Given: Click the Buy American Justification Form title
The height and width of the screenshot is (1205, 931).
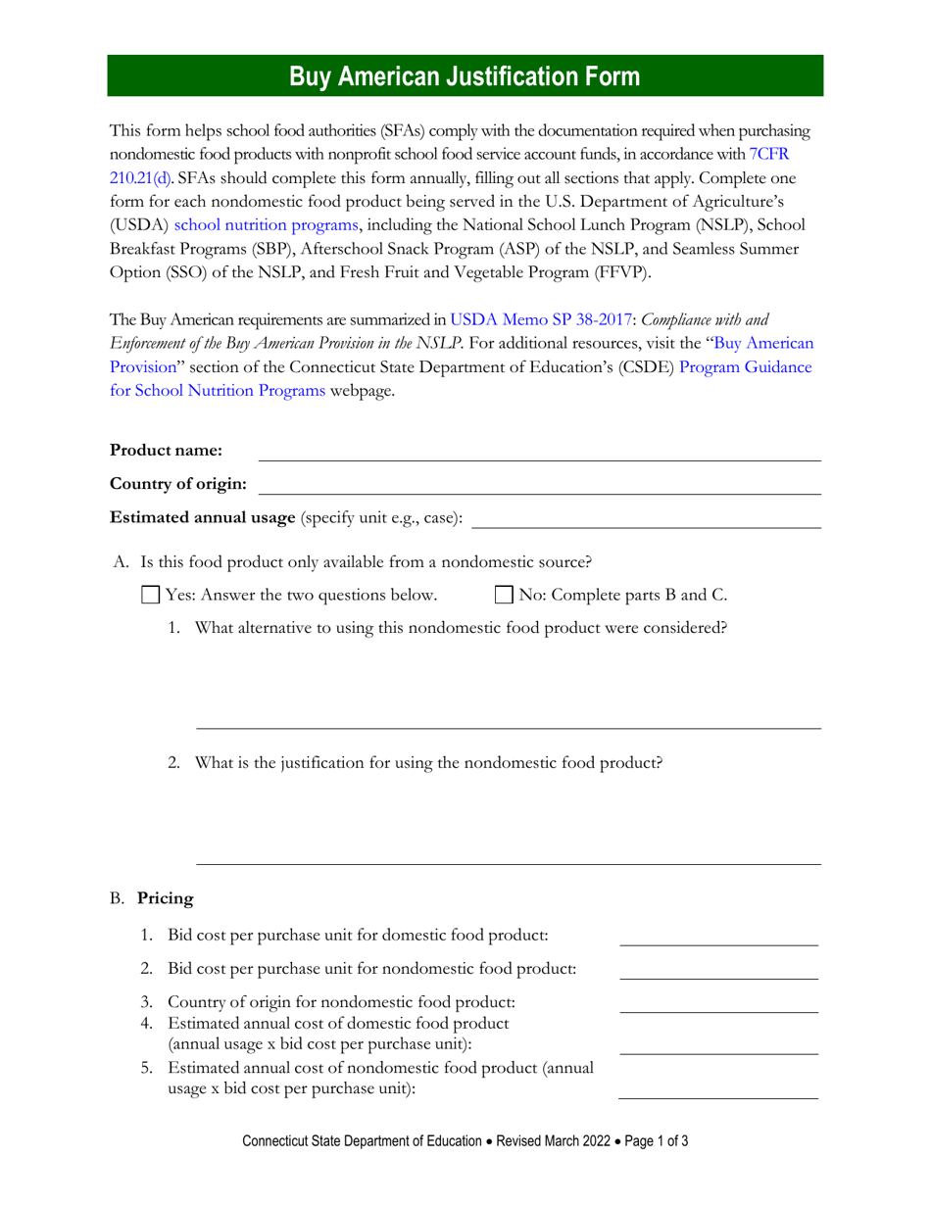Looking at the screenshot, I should coord(465,76).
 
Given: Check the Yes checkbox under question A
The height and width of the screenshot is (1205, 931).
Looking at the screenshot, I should coord(151,595).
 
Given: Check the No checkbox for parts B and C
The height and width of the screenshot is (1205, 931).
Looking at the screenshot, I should coord(504,595).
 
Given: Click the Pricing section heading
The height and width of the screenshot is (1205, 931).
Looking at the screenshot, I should coord(165,898).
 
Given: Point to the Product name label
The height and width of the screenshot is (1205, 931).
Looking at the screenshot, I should coord(167,451).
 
